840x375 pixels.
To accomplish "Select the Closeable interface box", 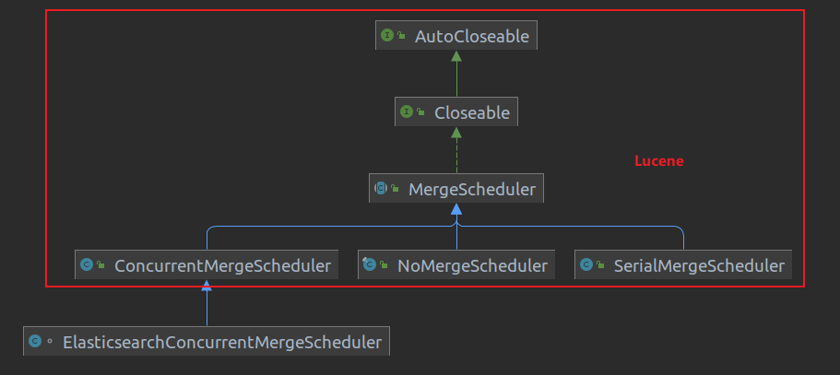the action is point(455,112).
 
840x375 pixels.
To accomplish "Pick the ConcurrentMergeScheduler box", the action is point(207,265).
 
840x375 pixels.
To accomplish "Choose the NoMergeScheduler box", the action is point(456,265).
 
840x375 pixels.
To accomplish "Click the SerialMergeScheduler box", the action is point(683,265).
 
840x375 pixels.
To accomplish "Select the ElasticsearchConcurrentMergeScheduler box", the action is point(207,342).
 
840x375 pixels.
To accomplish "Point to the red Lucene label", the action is point(658,161).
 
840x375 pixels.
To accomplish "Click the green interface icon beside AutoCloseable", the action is point(387,37).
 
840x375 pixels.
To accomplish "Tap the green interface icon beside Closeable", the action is point(407,112).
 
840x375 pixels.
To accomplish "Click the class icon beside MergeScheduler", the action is point(380,189).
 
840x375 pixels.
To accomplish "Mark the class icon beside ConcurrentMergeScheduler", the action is point(87,265).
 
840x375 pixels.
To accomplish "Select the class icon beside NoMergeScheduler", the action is point(369,265).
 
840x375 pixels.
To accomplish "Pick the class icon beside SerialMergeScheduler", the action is point(586,265).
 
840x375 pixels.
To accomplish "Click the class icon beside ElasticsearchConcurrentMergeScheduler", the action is point(34,342).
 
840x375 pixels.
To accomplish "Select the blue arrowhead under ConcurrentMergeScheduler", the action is point(207,286).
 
